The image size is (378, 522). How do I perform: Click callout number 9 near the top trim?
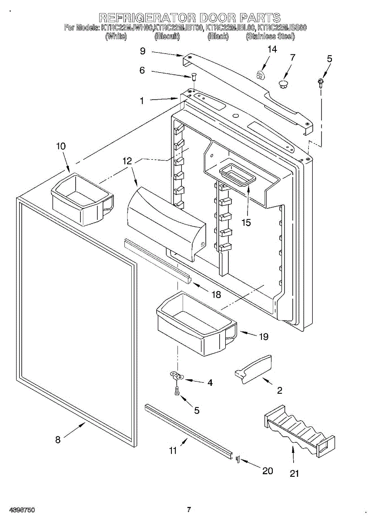coord(143,51)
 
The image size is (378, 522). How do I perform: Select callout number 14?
coord(272,50)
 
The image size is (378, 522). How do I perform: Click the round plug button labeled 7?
coord(284,83)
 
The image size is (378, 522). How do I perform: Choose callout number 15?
coord(246,222)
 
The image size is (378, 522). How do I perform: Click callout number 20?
coord(268,470)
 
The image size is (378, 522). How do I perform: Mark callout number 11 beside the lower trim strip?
coord(173,451)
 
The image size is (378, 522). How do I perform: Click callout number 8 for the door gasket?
coord(58,440)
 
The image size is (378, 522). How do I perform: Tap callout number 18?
coord(216,295)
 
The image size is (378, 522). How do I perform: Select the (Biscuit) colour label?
coord(167,37)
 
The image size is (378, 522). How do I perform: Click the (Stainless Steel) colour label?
coord(270,37)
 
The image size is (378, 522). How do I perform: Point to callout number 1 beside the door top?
coord(142,100)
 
